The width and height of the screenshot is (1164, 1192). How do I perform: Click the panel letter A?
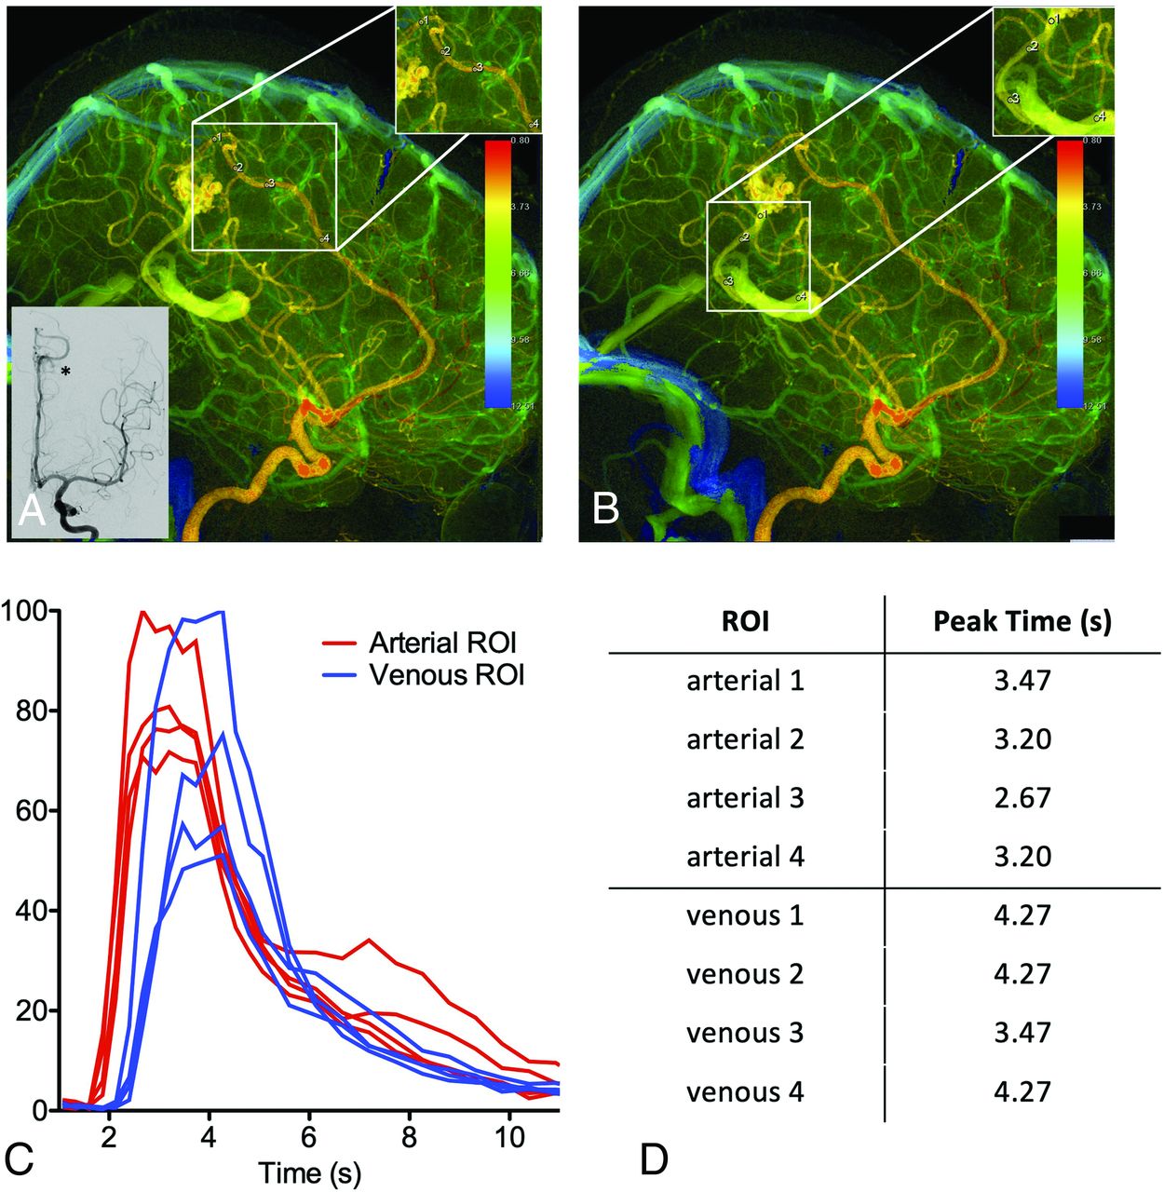pyautogui.click(x=32, y=510)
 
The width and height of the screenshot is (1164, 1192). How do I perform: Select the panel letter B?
pyautogui.click(x=606, y=508)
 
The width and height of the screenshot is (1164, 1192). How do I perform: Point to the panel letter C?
pyautogui.click(x=20, y=1158)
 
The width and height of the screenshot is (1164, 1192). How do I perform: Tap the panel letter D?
pyautogui.click(x=654, y=1159)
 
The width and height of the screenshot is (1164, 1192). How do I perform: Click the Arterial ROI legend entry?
pyautogui.click(x=442, y=643)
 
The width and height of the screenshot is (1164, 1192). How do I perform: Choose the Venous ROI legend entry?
pyautogui.click(x=447, y=675)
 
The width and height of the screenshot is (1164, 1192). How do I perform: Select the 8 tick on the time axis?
pyautogui.click(x=410, y=1138)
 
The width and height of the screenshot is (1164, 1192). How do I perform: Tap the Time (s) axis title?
pyautogui.click(x=309, y=1172)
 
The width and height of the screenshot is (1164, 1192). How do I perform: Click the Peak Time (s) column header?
pyautogui.click(x=1022, y=621)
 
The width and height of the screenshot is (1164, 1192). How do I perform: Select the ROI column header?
pyautogui.click(x=745, y=621)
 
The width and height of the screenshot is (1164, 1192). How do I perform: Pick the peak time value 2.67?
pyautogui.click(x=1022, y=798)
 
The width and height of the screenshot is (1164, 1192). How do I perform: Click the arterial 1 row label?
pyautogui.click(x=745, y=681)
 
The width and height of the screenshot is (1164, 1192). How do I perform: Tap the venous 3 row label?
pyautogui.click(x=745, y=1033)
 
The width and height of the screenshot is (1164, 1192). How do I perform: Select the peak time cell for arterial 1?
pyautogui.click(x=1022, y=681)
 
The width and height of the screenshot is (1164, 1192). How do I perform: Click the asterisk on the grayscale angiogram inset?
pyautogui.click(x=65, y=372)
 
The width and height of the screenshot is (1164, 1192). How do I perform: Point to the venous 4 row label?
pyautogui.click(x=745, y=1091)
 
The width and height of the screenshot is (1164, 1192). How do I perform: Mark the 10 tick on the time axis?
pyautogui.click(x=509, y=1138)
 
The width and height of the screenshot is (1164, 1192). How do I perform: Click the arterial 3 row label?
pyautogui.click(x=745, y=798)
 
